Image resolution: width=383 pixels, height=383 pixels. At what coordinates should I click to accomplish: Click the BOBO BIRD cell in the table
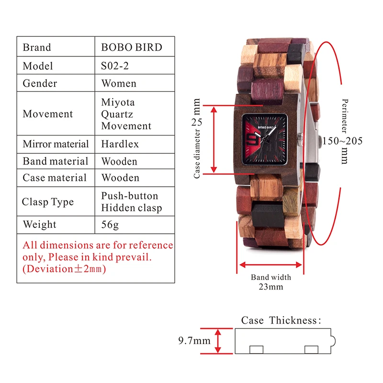click(132, 47)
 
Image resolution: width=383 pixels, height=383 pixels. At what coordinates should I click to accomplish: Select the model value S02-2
click(117, 66)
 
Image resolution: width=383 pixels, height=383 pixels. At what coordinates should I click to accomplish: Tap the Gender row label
click(40, 83)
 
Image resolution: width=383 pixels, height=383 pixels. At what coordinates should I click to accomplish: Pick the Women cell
click(119, 83)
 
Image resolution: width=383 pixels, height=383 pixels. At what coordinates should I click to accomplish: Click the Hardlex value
click(120, 144)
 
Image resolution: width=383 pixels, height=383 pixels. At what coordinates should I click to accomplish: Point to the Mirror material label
click(56, 144)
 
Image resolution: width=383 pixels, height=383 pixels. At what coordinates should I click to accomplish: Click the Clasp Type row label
click(48, 202)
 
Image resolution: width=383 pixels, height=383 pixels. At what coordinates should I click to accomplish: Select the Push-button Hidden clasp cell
click(132, 202)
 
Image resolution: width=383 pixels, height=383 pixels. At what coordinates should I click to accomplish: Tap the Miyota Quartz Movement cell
click(126, 114)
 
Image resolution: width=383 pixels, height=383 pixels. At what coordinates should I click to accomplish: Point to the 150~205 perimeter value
click(342, 141)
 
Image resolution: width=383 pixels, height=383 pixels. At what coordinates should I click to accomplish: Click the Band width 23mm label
click(270, 282)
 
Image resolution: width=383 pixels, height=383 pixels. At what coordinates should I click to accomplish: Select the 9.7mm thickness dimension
click(194, 341)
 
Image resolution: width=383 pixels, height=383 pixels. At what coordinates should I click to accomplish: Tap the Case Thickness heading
click(281, 320)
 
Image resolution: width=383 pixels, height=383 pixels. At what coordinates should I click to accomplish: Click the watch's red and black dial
click(265, 139)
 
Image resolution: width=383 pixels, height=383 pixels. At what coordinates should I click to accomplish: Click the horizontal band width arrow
click(270, 264)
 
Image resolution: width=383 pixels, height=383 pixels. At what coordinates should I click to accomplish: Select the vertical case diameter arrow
click(214, 139)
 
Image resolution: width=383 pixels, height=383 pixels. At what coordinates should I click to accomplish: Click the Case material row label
click(55, 178)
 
